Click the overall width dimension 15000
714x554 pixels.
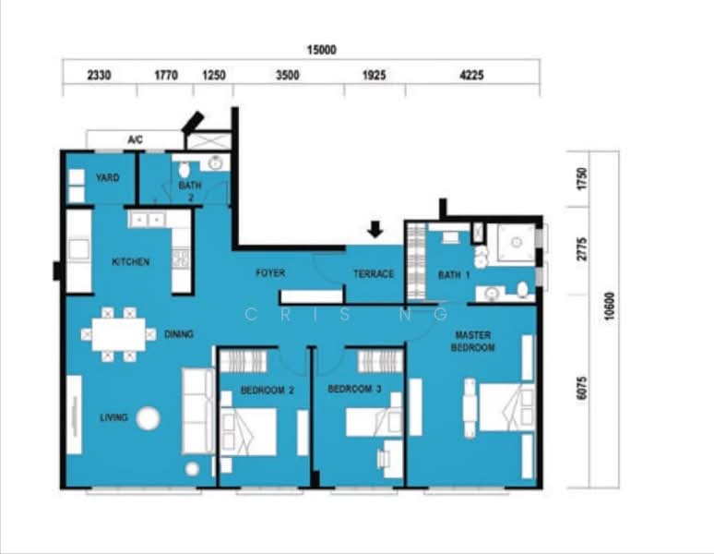pyautogui.click(x=322, y=50)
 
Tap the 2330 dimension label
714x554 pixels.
pyautogui.click(x=99, y=76)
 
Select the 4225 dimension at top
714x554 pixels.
pyautogui.click(x=470, y=76)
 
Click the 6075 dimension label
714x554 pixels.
pyautogui.click(x=581, y=388)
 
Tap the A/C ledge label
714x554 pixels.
pyautogui.click(x=135, y=140)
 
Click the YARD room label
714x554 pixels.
pyautogui.click(x=107, y=177)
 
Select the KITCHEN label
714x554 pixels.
pyautogui.click(x=130, y=262)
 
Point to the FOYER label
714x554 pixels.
pyautogui.click(x=270, y=273)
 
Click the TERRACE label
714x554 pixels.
pyautogui.click(x=374, y=274)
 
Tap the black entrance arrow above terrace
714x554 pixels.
pyautogui.click(x=375, y=228)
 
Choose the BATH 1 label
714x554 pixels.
pyautogui.click(x=454, y=274)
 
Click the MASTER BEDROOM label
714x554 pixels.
pyautogui.click(x=473, y=342)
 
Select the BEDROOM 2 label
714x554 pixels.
pyautogui.click(x=267, y=391)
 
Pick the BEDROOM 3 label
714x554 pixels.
pyautogui.click(x=354, y=390)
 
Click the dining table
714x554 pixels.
pyautogui.click(x=118, y=333)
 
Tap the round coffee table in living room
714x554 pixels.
pyautogui.click(x=148, y=418)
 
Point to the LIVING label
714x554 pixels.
pyautogui.click(x=113, y=418)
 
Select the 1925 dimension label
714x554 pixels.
pyautogui.click(x=375, y=76)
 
